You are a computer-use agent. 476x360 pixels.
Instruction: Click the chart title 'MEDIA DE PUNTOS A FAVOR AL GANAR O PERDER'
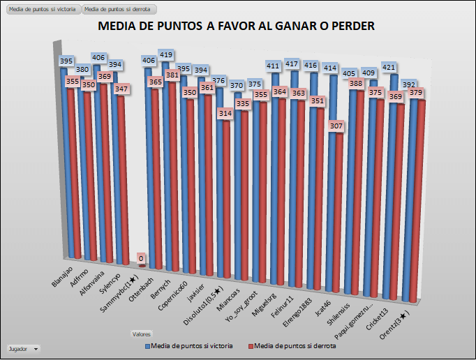[x=237, y=27]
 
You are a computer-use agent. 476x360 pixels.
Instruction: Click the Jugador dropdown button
[x=22, y=347]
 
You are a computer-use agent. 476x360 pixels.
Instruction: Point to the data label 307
[x=336, y=126]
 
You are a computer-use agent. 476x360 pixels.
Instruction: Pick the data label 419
[x=166, y=54]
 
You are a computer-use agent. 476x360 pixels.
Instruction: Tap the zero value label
[x=141, y=258]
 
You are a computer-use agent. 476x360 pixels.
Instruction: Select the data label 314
[x=225, y=113]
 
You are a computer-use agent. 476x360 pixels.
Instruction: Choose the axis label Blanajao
[x=62, y=275]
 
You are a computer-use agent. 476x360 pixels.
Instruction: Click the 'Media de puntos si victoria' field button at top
[x=41, y=9]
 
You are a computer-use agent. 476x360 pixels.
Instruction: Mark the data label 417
[x=294, y=64]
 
